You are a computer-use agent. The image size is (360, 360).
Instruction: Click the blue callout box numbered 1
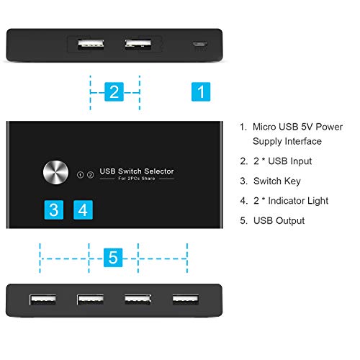[202, 91]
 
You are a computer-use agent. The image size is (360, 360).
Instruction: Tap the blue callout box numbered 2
[114, 91]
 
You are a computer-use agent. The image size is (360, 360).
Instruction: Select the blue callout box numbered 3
[53, 210]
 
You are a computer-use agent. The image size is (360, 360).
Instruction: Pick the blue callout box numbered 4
[84, 210]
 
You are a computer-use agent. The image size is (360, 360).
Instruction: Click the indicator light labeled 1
[80, 174]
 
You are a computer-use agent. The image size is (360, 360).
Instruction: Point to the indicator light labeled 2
[90, 174]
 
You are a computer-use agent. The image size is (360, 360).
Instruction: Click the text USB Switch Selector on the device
[136, 171]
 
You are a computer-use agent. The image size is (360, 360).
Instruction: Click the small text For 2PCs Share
[136, 179]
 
